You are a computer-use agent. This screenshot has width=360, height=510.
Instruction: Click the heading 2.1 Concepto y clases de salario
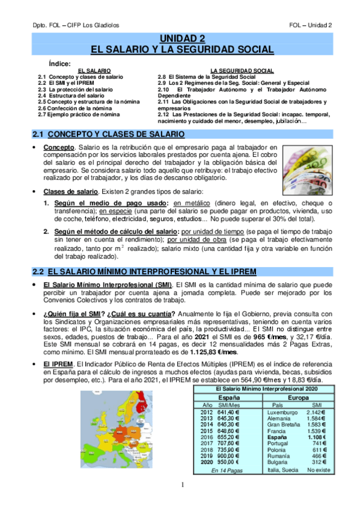tap(108, 134)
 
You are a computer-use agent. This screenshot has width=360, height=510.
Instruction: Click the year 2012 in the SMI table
tap(207, 412)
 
